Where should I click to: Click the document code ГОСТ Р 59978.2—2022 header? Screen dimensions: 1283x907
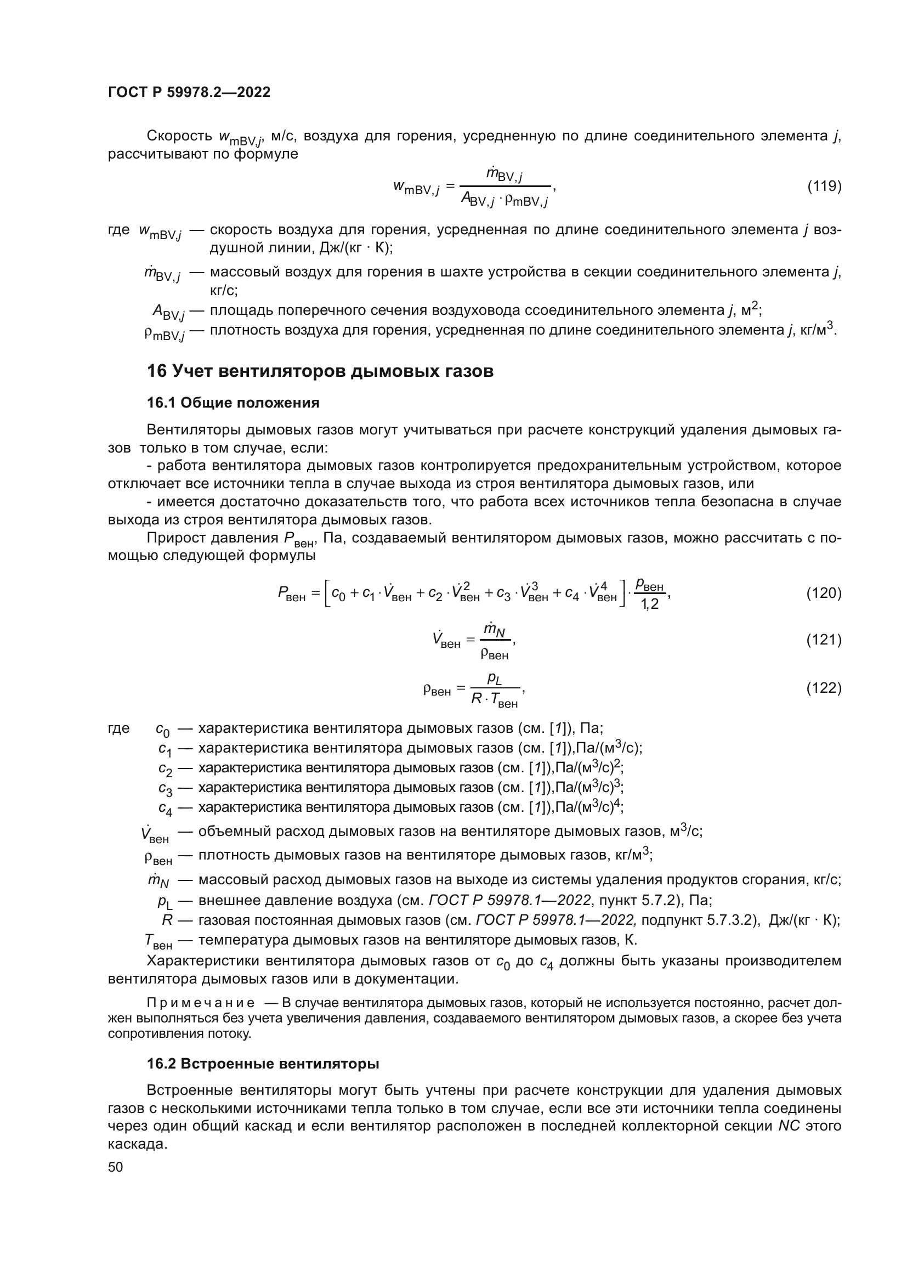(189, 92)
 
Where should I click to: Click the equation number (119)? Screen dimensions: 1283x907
(824, 186)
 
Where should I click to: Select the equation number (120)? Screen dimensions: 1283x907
(824, 593)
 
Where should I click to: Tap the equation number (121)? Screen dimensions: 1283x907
(824, 640)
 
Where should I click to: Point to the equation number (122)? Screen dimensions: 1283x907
(824, 688)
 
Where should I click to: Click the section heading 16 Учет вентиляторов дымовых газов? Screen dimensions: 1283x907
(320, 371)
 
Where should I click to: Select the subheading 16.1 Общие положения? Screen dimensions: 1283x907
(233, 403)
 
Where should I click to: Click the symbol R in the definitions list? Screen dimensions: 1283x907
(167, 920)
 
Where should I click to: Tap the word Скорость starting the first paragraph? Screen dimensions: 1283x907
(179, 136)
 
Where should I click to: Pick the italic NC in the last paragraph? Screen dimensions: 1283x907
(789, 1126)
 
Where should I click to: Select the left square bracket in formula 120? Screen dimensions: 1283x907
(327, 594)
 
